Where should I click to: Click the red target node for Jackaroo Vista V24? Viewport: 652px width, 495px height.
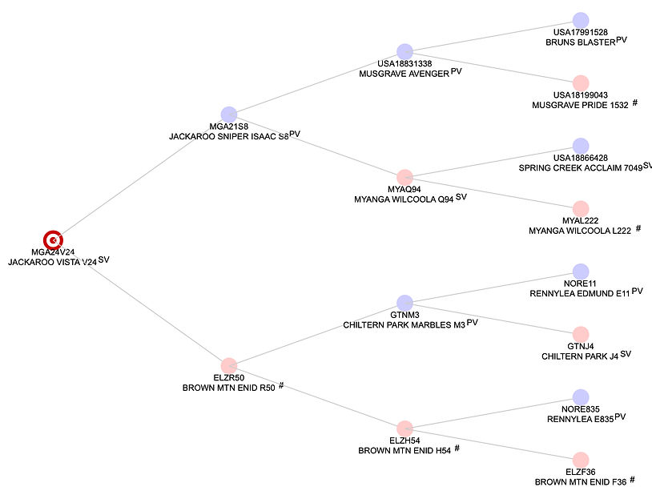coord(53,240)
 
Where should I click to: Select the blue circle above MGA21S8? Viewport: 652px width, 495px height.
coord(229,115)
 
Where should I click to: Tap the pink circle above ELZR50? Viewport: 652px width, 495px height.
coord(229,365)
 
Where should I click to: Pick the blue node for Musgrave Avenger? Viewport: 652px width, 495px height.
coord(404,51)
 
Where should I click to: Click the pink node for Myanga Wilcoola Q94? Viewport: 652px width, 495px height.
coord(404,178)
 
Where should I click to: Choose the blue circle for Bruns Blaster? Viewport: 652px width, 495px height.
coord(581,20)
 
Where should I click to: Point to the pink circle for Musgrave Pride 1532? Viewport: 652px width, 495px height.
coord(581,83)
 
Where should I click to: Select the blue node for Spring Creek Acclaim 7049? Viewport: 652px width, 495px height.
coord(581,146)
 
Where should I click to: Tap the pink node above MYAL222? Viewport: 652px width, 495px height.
coord(581,209)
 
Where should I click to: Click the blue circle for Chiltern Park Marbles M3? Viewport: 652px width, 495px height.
coord(404,303)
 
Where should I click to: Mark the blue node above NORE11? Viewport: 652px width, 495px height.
coord(581,272)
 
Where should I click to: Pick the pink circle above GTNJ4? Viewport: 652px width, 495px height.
coord(581,335)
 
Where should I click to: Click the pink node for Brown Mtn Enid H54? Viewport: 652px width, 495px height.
coord(404,429)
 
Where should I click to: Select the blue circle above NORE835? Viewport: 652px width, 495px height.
coord(581,397)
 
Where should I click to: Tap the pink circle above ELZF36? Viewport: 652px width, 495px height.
coord(581,460)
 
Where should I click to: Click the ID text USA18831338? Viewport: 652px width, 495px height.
coord(404,63)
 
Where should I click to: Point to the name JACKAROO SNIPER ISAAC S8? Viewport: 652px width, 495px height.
coord(229,136)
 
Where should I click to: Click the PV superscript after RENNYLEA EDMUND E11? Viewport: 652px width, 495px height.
coord(637,291)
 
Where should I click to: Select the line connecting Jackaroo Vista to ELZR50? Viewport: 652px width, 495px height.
coord(141,304)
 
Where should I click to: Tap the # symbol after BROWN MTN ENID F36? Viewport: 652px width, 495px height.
coord(632,480)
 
